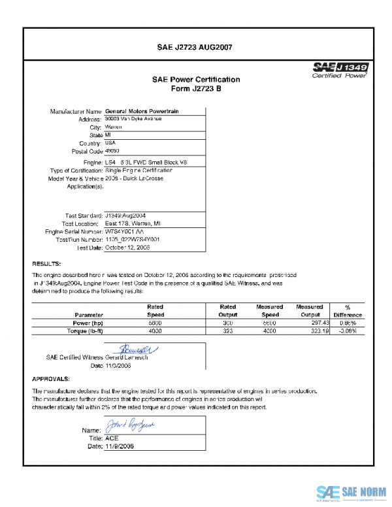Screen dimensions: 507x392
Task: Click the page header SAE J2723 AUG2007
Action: pyautogui.click(x=195, y=47)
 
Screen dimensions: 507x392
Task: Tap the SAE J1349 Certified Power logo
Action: pyautogui.click(x=341, y=70)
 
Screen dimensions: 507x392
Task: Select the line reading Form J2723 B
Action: pyautogui.click(x=195, y=88)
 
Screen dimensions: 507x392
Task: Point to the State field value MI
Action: pyautogui.click(x=108, y=135)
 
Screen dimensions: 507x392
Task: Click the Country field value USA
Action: pyautogui.click(x=110, y=142)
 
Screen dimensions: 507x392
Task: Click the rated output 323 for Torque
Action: pyautogui.click(x=228, y=331)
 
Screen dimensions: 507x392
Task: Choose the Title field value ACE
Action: pyautogui.click(x=112, y=438)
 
